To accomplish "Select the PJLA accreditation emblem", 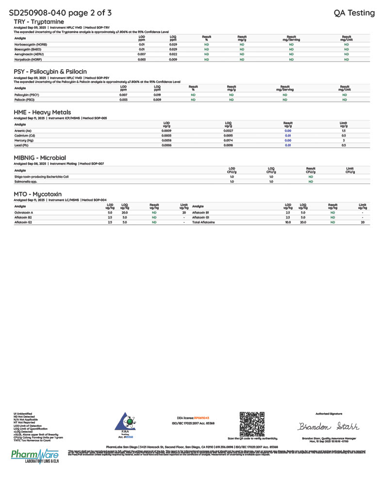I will [x=125, y=422].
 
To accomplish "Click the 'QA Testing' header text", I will [x=354, y=13].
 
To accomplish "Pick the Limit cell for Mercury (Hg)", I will [x=343, y=140].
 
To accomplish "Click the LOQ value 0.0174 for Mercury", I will [x=229, y=140].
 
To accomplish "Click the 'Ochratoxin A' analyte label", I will [x=24, y=213].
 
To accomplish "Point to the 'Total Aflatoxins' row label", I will [x=203, y=222].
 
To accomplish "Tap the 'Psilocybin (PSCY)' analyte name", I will [x=27, y=95].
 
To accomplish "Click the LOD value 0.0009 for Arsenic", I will [x=167, y=131].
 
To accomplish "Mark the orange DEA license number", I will [x=201, y=417].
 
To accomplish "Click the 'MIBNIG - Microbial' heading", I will [x=40, y=158].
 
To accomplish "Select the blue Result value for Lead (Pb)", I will [x=288, y=145].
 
